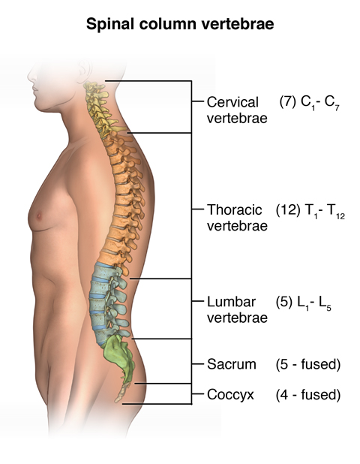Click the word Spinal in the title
(110, 25)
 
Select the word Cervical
(232, 102)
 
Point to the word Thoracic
(235, 209)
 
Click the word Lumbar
(231, 302)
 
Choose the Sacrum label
(232, 364)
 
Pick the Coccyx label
(230, 395)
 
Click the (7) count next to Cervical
(287, 102)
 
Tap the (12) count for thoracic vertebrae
(288, 209)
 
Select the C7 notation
(331, 104)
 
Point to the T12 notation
(336, 211)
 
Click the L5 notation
(325, 303)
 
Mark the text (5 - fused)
(308, 364)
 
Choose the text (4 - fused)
(308, 395)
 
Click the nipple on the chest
(39, 216)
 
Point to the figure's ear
(84, 71)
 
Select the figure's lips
(36, 89)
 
